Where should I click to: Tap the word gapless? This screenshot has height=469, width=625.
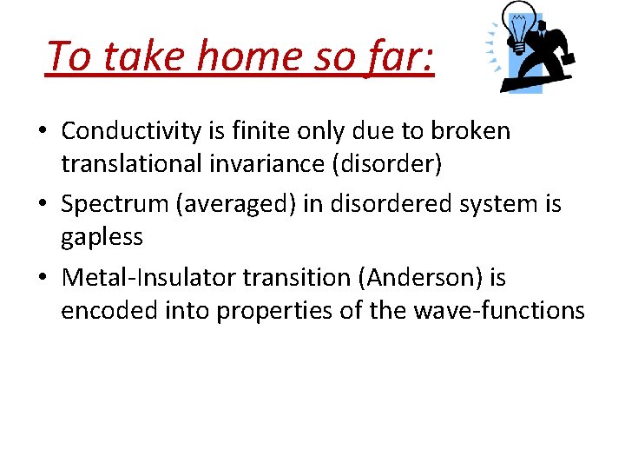point(102,237)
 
